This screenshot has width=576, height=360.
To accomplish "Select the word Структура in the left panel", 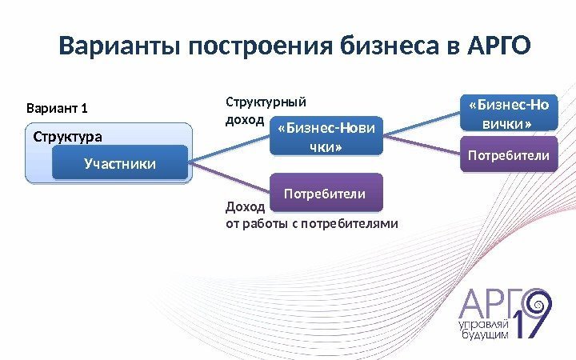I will [x=68, y=136].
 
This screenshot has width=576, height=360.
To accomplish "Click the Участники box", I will [x=119, y=164].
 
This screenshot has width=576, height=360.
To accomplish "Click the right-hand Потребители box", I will [x=509, y=155].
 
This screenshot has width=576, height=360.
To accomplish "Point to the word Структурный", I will [x=266, y=102].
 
